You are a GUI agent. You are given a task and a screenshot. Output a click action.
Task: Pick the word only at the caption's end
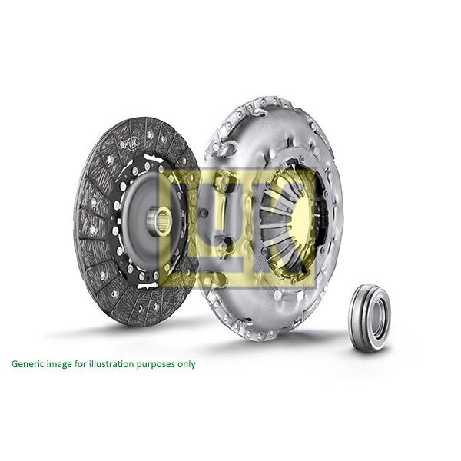[187, 363]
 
